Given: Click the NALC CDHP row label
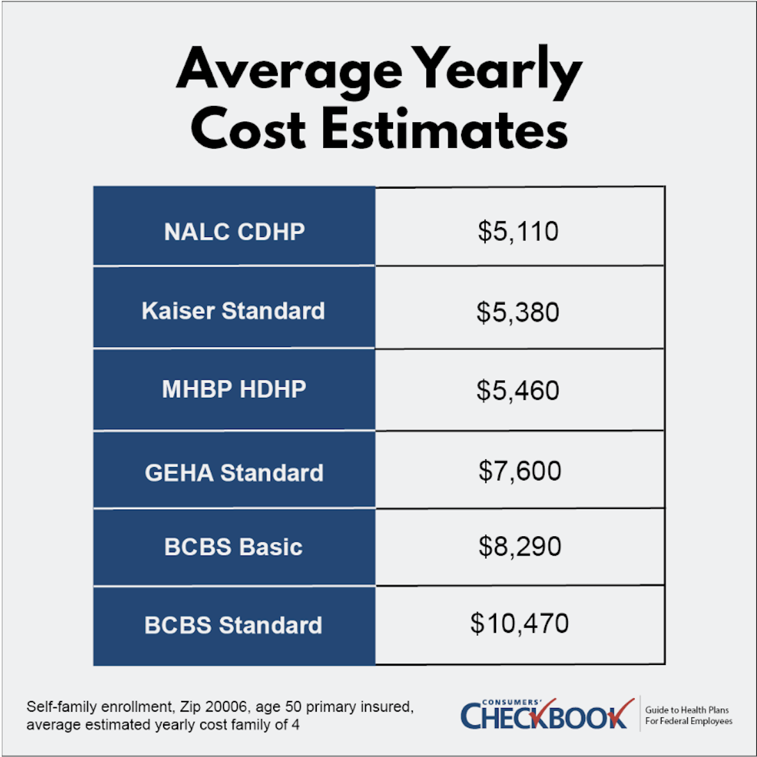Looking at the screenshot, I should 234,232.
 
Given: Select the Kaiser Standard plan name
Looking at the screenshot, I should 233,311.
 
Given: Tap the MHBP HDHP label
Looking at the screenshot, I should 234,389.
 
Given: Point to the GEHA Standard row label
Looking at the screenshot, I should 234,473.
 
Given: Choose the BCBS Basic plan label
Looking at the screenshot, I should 234,547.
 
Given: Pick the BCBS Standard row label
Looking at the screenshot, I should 233,625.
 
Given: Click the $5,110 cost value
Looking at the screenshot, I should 518,232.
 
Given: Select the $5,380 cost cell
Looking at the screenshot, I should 518,312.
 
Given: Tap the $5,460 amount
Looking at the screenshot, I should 518,390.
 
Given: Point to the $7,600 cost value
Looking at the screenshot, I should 520,471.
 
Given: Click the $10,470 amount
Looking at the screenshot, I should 519,624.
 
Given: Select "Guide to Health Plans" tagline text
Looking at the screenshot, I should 687,710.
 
